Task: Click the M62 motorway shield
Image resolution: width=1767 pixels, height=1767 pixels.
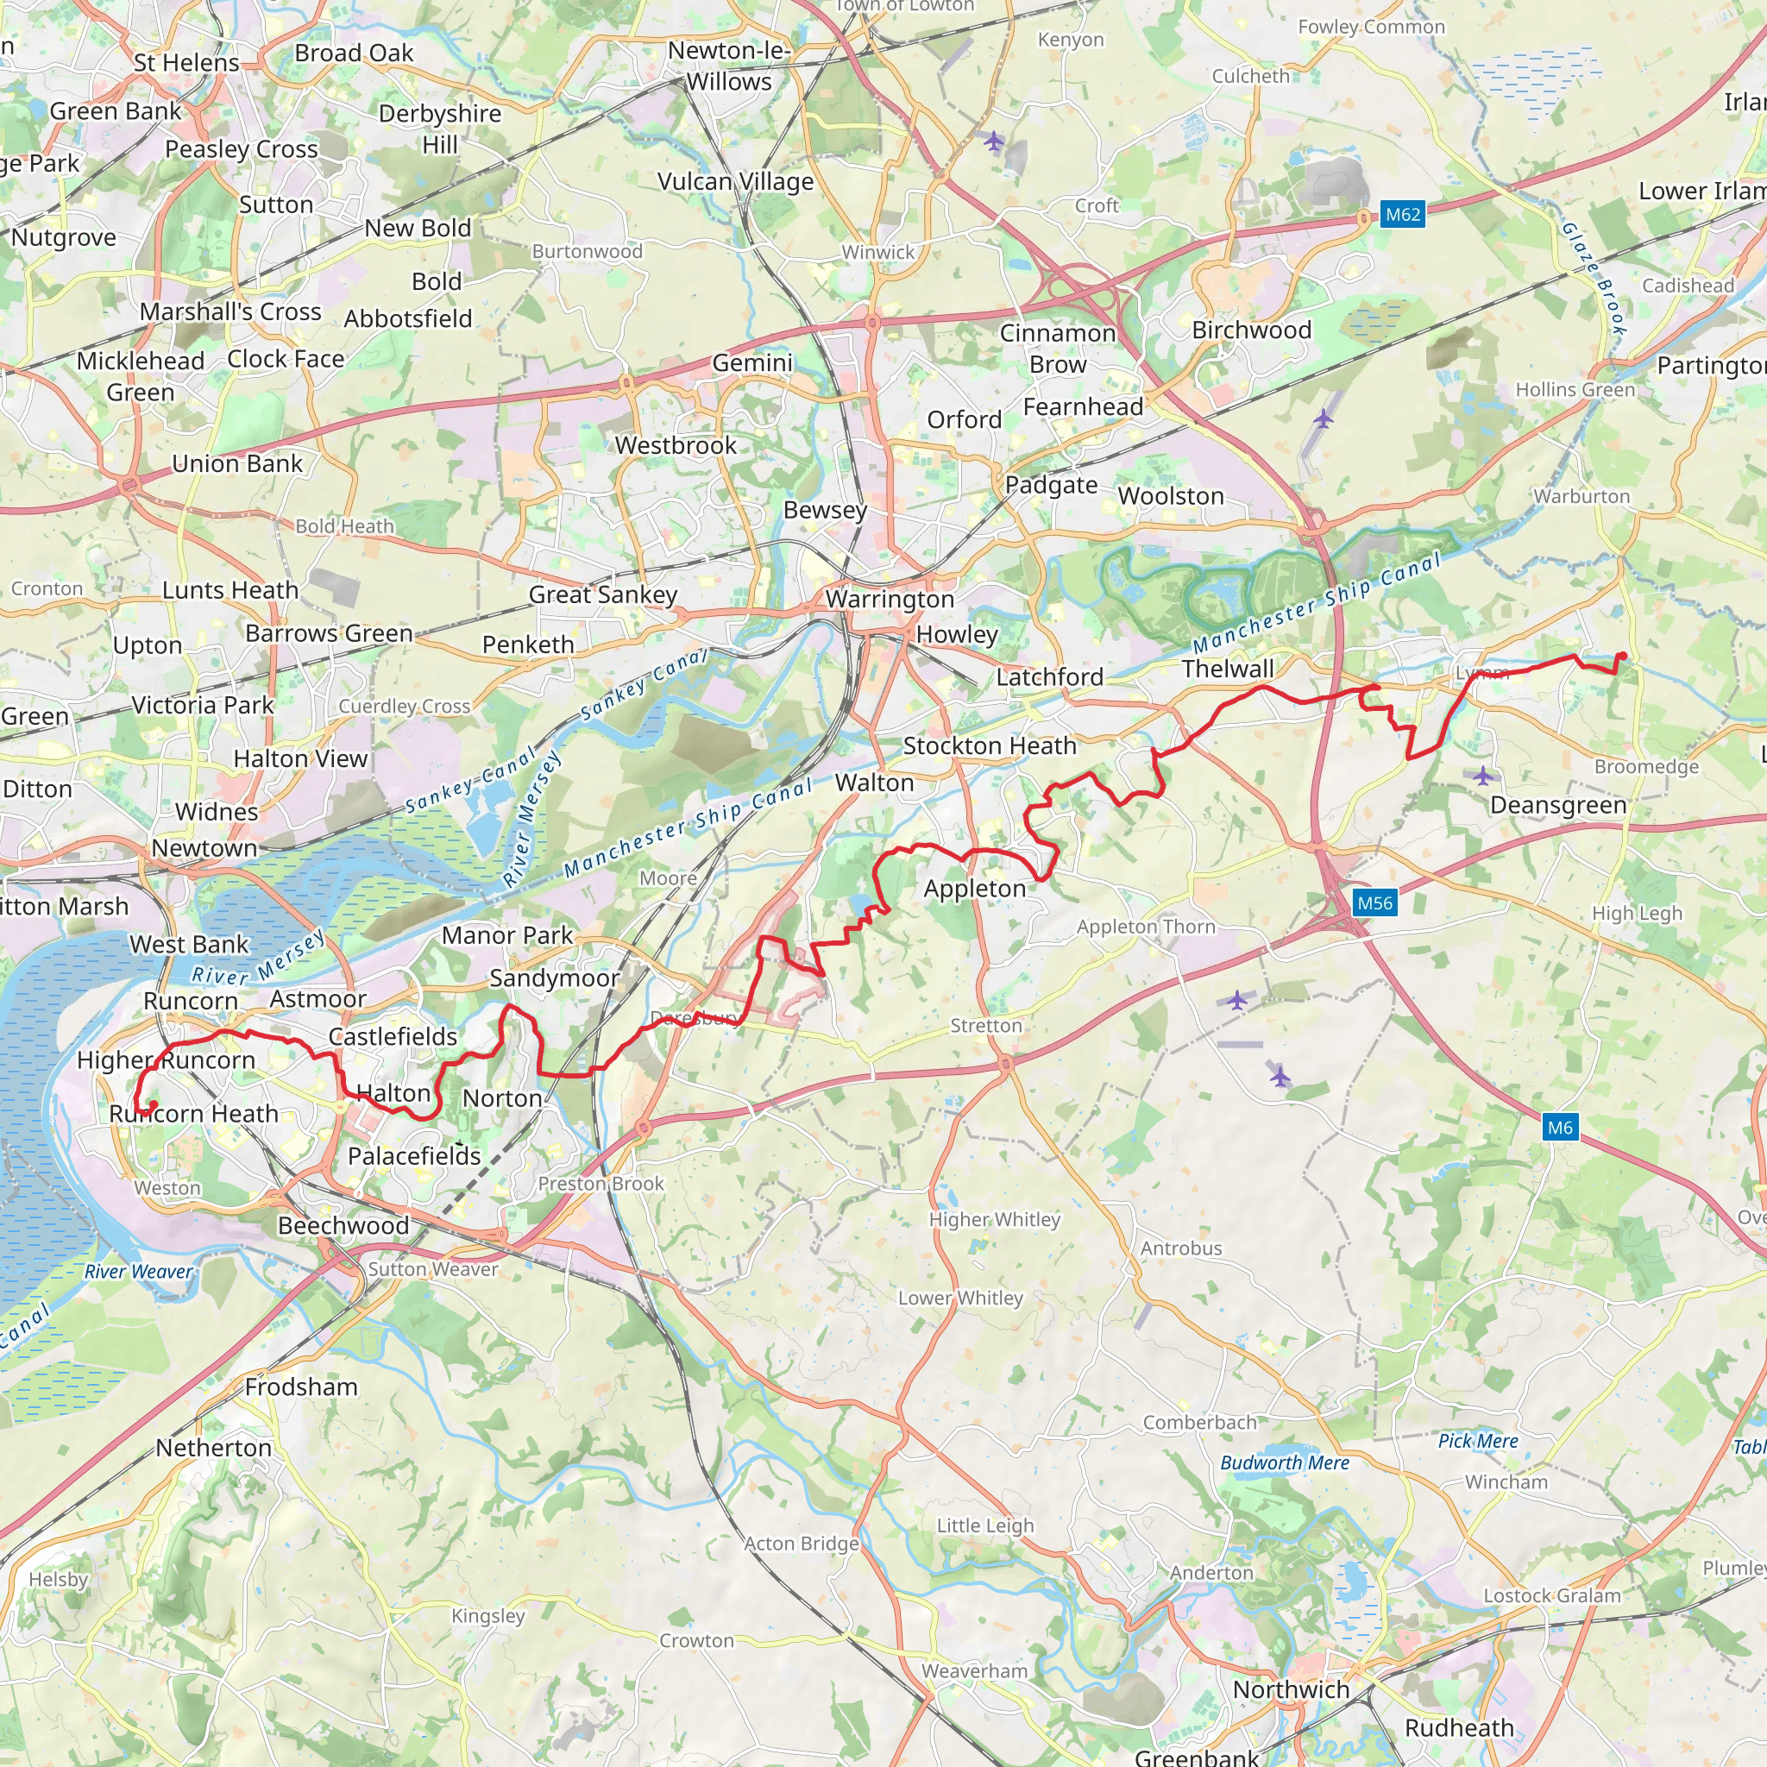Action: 1402,215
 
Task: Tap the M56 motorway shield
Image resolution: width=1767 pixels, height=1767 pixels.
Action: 1374,903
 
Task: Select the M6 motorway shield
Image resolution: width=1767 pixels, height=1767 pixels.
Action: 1559,1127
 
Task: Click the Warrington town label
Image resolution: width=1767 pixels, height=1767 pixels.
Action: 889,599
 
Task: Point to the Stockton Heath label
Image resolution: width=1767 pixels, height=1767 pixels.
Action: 990,745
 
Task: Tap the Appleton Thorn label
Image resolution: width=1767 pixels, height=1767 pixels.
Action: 1145,927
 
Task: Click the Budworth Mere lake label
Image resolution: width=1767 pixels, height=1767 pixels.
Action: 1284,1462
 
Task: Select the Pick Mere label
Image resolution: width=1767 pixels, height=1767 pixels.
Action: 1477,1441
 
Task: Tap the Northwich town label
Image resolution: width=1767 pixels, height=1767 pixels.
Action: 1291,1689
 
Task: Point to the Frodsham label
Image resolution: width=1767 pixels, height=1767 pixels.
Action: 301,1387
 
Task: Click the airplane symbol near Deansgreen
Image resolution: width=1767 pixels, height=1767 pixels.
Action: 1482,777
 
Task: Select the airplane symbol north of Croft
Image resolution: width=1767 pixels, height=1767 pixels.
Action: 993,141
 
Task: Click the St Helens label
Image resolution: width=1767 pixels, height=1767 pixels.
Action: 186,62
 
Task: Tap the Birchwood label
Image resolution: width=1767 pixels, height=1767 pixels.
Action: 1251,330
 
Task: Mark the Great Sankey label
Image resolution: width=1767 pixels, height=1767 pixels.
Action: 603,594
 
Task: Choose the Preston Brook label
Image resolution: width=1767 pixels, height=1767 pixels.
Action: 601,1184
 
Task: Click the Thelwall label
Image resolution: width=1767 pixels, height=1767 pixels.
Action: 1228,669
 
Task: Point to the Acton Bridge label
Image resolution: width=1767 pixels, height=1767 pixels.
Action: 802,1544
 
